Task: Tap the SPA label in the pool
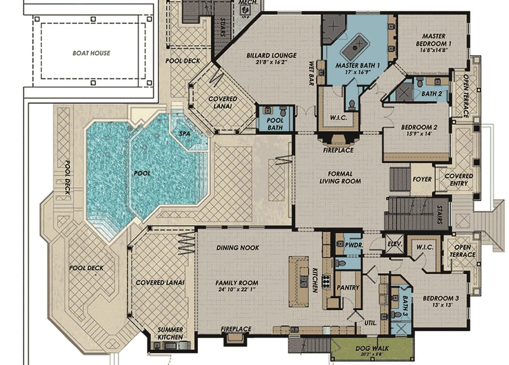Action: (x=185, y=134)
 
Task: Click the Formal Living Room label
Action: (x=340, y=177)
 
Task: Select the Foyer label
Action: (x=422, y=180)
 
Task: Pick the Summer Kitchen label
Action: (x=171, y=333)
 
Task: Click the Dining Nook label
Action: (x=237, y=248)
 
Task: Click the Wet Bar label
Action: (x=312, y=73)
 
